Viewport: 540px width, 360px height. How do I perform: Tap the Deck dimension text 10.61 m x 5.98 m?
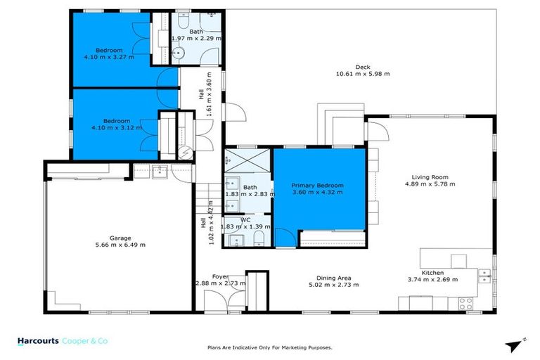pos(362,74)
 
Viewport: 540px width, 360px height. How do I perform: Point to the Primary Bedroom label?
pos(316,185)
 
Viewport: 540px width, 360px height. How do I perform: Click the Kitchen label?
pos(432,272)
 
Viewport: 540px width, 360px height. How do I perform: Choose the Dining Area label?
pos(334,277)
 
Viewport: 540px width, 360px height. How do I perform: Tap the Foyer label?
pos(220,277)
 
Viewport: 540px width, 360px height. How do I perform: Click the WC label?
pos(245,219)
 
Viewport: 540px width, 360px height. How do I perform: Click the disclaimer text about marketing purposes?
pos(269,347)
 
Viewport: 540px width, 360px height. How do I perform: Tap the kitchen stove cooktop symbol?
pos(465,303)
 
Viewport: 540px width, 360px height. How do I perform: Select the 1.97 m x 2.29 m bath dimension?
pos(197,39)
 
